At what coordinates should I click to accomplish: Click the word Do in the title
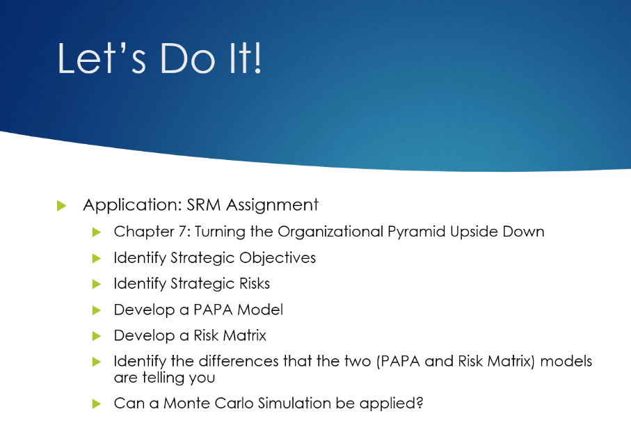pos(188,58)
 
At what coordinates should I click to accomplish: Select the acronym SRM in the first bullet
pos(204,205)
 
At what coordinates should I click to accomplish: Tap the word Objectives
pos(278,258)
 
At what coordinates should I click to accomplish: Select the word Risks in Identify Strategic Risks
pos(255,284)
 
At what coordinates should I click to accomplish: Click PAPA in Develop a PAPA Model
pos(214,310)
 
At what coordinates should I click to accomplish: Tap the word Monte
pos(186,404)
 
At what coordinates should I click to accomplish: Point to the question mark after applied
pos(420,404)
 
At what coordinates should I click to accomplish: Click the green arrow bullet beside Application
pos(62,206)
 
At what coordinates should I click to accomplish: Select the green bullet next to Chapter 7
pos(97,232)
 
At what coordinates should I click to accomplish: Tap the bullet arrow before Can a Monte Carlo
pos(97,404)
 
